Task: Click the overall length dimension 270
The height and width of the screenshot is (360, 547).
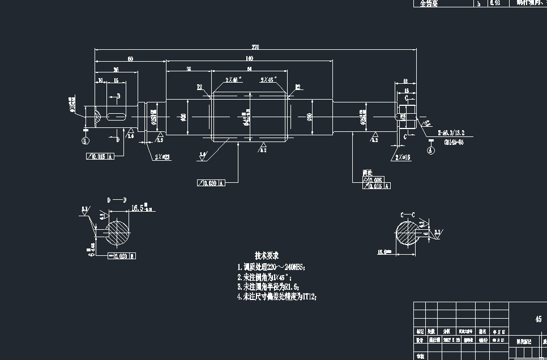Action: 255,48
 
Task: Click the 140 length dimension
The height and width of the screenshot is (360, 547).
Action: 249,59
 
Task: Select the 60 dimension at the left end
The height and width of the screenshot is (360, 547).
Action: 130,59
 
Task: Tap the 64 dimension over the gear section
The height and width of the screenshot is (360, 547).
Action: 249,68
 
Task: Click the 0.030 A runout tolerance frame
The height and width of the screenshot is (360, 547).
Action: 211,183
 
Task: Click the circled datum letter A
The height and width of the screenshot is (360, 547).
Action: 430,151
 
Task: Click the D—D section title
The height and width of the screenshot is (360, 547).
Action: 117,200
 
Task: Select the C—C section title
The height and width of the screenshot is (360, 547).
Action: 407,215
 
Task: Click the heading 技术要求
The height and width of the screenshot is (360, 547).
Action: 266,256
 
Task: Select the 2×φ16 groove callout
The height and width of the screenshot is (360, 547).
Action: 403,157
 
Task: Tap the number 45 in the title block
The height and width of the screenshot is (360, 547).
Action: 539,319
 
